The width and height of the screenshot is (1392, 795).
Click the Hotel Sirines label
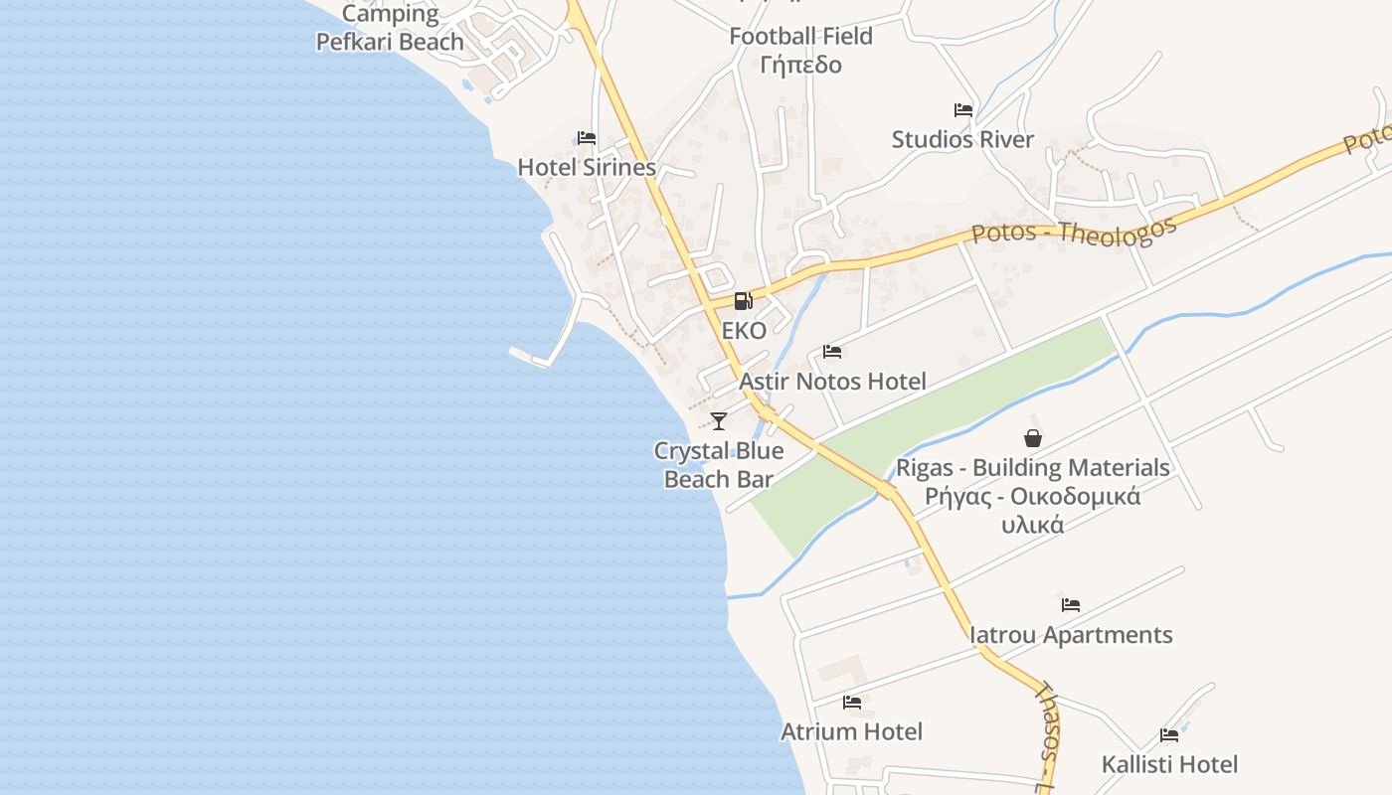pos(587,167)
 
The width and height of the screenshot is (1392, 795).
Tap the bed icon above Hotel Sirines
pos(587,138)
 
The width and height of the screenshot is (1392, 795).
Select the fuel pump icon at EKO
pos(743,301)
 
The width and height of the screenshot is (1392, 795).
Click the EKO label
pos(744,331)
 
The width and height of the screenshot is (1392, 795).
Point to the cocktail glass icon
pos(719,420)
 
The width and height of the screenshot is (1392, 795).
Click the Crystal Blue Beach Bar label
pos(719,464)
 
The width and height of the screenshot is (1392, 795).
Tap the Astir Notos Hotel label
pos(832,381)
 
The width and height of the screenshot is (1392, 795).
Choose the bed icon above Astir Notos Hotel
pos(832,352)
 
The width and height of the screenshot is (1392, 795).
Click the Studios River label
pos(962,139)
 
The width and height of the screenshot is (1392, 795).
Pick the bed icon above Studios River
pos(962,110)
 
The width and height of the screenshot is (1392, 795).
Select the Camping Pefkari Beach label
pos(390,28)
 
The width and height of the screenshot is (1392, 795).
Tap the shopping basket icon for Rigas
pos(1033,438)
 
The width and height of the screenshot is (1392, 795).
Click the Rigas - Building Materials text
pos(1033,467)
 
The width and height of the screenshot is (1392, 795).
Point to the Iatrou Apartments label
pos(1071,634)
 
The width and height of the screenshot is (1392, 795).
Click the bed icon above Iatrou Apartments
pos(1070,604)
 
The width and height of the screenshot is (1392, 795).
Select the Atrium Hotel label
pos(851,731)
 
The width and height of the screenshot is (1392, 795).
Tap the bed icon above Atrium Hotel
pos(852,703)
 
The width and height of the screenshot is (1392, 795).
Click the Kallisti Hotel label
pos(1169,764)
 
